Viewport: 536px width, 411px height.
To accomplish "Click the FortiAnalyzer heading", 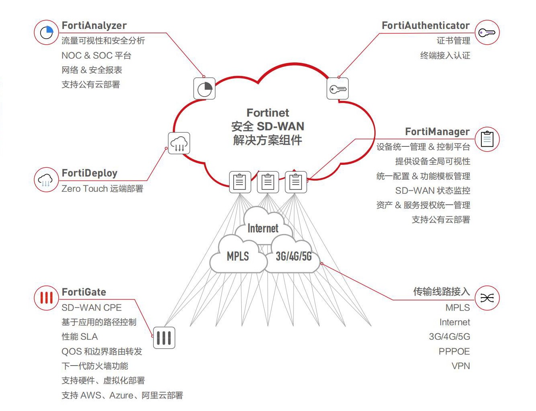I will (94, 26).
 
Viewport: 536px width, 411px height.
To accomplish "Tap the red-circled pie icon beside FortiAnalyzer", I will (47, 32).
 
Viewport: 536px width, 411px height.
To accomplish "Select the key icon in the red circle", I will (487, 33).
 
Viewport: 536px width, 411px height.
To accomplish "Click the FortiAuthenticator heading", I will (425, 26).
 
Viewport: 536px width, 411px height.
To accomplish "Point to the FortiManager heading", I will (437, 132).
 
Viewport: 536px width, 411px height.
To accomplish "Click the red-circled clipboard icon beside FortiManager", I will (487, 139).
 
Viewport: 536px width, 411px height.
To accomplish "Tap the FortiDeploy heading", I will (90, 173).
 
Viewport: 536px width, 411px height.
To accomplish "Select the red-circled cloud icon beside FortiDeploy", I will (46, 180).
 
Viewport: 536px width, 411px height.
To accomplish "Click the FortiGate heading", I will (84, 292).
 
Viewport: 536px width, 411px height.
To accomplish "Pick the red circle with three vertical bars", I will (47, 298).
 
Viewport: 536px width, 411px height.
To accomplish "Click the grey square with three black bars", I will (164, 337).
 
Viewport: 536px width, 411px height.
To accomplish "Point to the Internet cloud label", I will (263, 228).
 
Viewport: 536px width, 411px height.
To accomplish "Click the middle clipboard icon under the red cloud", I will (268, 182).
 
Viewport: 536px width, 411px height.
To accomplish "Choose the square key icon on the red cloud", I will (338, 89).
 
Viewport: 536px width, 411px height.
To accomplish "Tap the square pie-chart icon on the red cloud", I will (205, 88).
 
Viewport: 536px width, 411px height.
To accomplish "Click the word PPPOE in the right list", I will (454, 351).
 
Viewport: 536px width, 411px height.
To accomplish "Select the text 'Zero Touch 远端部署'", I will (102, 189).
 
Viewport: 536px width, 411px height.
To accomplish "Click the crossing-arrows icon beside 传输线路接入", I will (487, 298).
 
